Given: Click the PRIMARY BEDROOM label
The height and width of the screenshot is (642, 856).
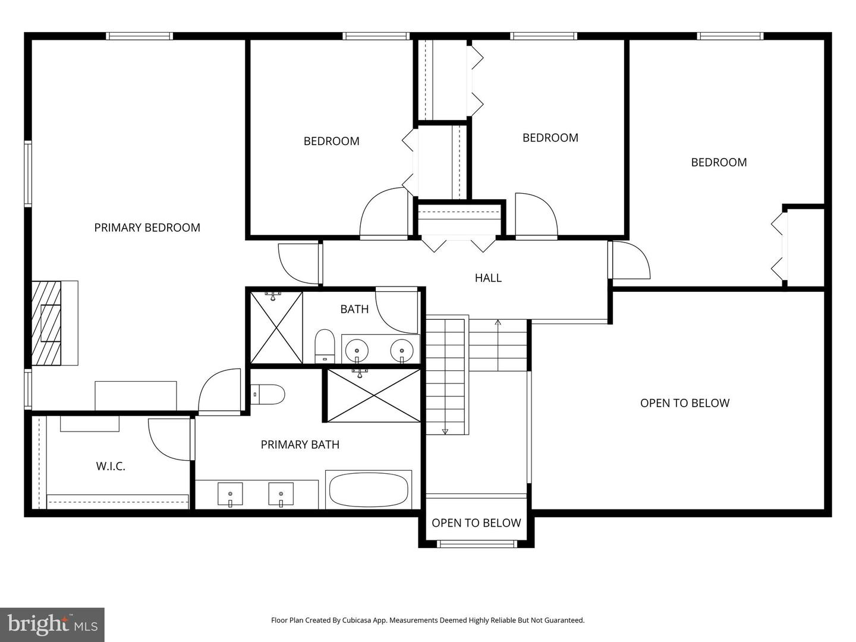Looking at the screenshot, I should [x=147, y=228].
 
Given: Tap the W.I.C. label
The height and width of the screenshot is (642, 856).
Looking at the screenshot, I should [x=111, y=466].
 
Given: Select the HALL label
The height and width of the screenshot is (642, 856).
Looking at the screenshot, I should [x=488, y=278].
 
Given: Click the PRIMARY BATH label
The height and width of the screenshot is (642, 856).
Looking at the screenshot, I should [x=300, y=445].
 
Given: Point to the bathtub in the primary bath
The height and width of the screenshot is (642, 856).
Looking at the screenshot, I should [x=369, y=490].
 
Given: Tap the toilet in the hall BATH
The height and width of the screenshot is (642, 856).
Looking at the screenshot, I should [x=325, y=345].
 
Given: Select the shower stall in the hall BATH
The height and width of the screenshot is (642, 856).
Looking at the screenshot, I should [x=276, y=327].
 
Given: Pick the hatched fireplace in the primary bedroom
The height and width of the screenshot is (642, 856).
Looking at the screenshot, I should [x=47, y=323].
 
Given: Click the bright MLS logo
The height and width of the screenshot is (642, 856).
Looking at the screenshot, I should [x=52, y=625].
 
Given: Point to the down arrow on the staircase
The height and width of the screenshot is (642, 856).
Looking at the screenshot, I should [x=445, y=430].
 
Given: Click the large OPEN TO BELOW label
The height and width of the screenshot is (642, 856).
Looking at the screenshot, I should [x=684, y=403].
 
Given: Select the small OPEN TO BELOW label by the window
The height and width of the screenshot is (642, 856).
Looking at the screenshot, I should [x=476, y=523].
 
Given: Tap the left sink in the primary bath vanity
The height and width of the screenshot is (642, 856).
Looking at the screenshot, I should [x=230, y=494].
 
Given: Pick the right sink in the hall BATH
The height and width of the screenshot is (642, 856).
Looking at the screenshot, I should [x=402, y=350].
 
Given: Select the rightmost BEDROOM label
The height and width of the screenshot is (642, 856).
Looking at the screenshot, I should [x=719, y=162].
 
